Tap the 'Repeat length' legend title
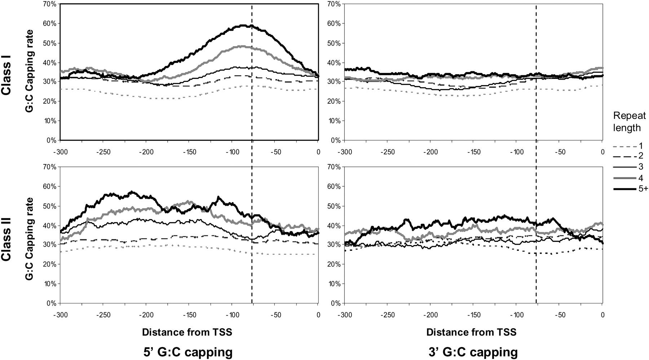629,122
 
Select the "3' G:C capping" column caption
472,352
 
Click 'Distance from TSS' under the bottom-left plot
187,332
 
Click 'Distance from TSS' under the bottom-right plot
471,332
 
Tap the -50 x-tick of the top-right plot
560,152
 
